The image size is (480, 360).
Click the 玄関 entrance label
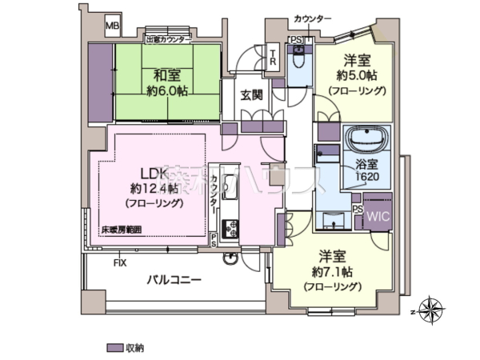pyautogui.click(x=251, y=94)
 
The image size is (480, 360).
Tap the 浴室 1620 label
pyautogui.click(x=367, y=171)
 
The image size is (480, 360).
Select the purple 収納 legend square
pyautogui.click(x=112, y=348)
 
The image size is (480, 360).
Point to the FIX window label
pyautogui.click(x=120, y=262)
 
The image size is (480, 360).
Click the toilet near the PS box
pyautogui.click(x=298, y=58)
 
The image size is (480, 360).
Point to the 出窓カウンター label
pyautogui.click(x=169, y=38)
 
